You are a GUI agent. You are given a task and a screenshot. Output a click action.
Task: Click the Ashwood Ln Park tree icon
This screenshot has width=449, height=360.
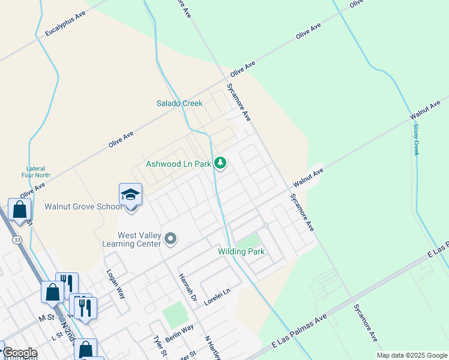point(221,163)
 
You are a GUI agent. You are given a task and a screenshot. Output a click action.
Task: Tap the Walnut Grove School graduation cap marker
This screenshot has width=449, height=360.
point(130,195)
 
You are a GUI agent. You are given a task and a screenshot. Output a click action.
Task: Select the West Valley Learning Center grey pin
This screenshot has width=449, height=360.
point(170,239)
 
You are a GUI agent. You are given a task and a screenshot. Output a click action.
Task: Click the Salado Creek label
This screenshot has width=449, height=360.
point(179,103)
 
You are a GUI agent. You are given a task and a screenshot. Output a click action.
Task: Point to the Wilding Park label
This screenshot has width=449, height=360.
point(241,252)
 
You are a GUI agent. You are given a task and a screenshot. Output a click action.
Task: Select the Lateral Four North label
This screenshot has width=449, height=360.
point(38,172)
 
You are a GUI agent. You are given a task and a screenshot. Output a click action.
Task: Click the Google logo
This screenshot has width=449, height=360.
point(19,353)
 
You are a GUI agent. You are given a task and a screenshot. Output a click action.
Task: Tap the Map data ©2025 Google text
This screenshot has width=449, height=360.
point(411,355)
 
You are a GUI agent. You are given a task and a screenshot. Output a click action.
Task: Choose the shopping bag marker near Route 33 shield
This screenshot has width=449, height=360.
point(19,209)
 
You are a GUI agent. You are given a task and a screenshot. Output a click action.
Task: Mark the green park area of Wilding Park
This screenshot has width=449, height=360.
point(248,241)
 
